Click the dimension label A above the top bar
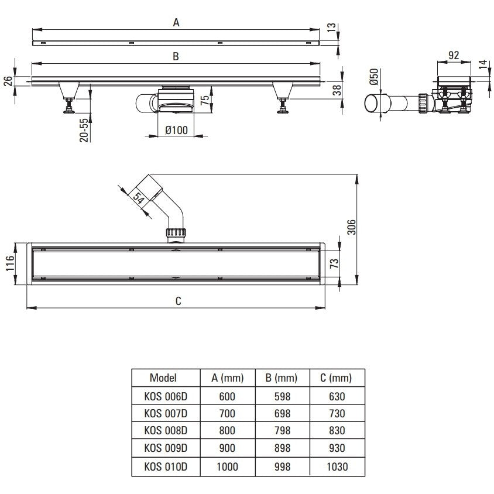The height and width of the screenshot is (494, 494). point(176,23)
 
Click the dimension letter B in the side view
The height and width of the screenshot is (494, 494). point(176,56)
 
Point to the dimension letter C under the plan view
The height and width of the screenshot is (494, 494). point(179,301)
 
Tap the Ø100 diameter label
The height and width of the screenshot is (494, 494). point(176,130)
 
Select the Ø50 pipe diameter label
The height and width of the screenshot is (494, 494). point(374,77)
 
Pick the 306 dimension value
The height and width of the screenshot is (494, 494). point(351,227)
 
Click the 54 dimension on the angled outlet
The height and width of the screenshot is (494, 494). point(139,198)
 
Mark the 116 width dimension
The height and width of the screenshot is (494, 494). point(10,263)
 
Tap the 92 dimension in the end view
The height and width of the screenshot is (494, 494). point(454,56)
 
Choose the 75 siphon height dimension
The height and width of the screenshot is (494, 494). point(205,100)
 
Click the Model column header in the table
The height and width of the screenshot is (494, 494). point(163,378)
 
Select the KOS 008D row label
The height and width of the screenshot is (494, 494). point(166,430)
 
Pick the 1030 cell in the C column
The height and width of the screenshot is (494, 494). point(337,466)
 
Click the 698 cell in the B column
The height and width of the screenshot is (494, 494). point(282,413)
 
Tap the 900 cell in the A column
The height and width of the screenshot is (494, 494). point(227,448)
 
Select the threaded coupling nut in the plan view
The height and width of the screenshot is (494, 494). point(176,233)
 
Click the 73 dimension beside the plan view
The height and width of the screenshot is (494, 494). point(334,263)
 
